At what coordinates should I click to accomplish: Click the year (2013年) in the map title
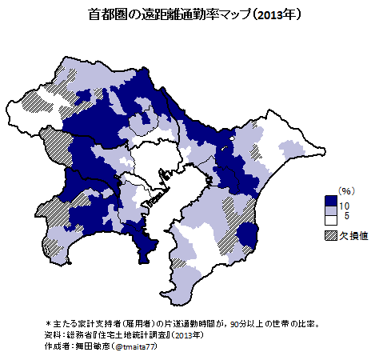[x=273, y=14]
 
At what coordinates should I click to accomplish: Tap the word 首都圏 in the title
[x=106, y=14]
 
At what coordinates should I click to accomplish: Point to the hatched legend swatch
[x=330, y=236]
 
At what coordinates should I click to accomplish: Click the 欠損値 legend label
[x=353, y=236]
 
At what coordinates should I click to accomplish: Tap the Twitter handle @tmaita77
[x=135, y=348]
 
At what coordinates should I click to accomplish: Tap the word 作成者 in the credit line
[x=56, y=348]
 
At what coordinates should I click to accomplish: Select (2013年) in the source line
[x=188, y=337]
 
